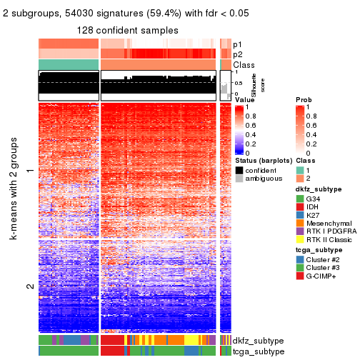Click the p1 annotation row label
[239, 43]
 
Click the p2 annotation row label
[239, 54]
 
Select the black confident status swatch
[239, 171]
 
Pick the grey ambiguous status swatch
[239, 180]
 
